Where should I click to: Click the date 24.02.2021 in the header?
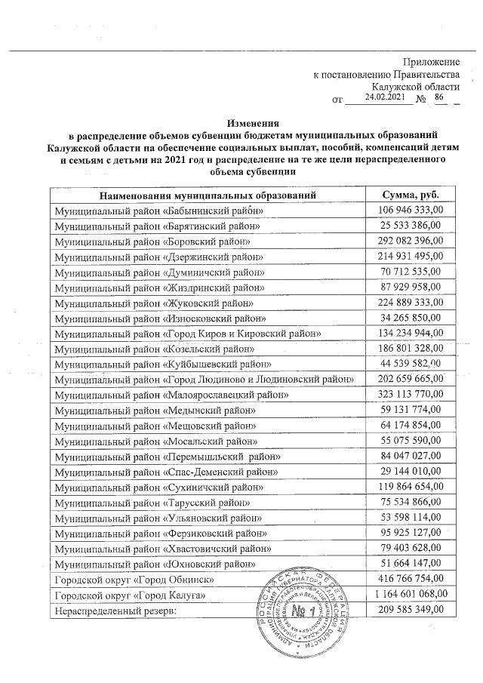coord(383,97)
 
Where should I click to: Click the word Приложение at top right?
coord(432,61)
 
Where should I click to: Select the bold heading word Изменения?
coord(254,124)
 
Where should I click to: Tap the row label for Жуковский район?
coord(154,303)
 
